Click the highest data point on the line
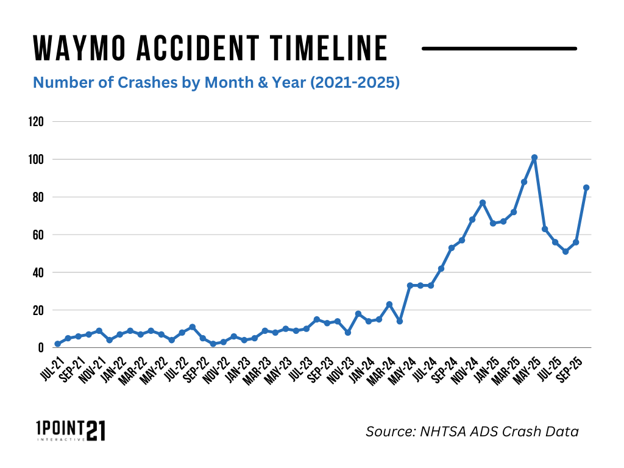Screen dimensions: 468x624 [534, 157]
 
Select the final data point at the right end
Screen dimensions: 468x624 [586, 188]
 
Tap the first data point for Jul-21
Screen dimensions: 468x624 [57, 344]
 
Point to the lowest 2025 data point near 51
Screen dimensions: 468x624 [565, 251]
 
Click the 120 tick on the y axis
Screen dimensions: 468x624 [36, 122]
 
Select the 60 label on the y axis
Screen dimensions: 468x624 [38, 235]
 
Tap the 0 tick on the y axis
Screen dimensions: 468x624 [41, 348]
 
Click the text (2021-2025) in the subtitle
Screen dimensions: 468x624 [355, 82]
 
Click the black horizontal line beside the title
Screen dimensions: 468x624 [499, 48]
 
